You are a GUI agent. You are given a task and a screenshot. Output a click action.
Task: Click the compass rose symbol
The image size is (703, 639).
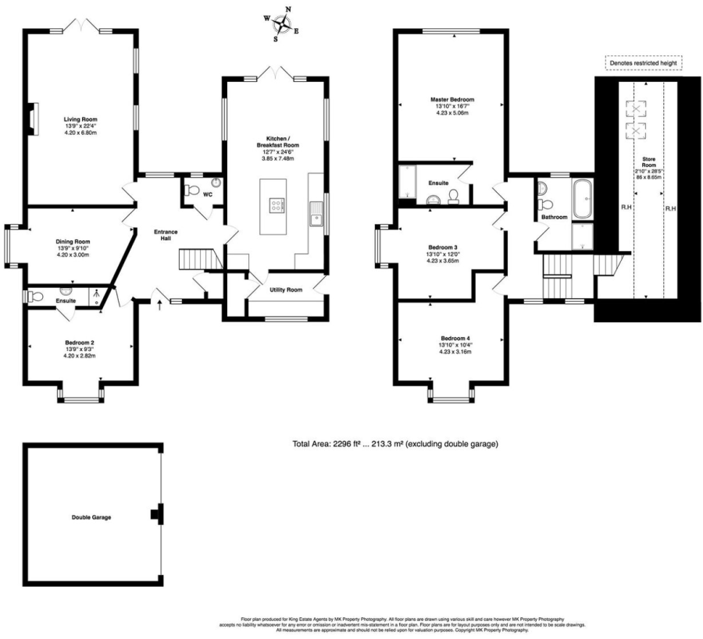click(284, 23)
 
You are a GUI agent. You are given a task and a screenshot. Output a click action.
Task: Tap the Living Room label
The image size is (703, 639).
click(80, 119)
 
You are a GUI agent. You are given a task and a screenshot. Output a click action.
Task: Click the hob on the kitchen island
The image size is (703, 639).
click(277, 205)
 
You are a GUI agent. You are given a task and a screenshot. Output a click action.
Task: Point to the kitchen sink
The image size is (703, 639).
click(316, 211)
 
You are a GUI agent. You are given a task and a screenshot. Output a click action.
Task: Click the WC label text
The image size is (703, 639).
click(207, 194)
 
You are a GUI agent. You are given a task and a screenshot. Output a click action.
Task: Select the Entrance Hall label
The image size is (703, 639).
click(165, 236)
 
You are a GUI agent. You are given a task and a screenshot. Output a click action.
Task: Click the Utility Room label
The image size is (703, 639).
click(286, 289)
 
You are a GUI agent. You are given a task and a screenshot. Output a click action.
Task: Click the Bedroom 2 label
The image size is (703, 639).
click(80, 342)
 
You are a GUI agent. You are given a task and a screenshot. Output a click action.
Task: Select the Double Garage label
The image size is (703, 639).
click(91, 517)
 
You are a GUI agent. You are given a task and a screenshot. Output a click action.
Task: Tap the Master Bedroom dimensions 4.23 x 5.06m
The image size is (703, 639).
click(451, 113)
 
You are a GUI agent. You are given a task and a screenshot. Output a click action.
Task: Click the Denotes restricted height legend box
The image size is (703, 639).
click(644, 63)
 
